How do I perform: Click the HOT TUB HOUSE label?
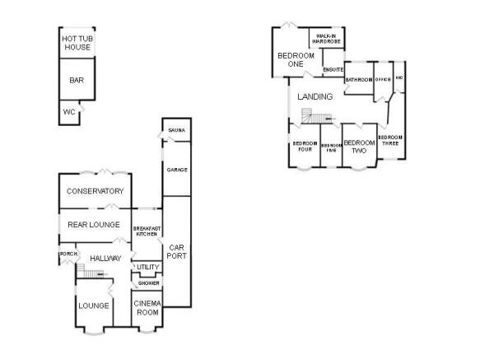(77, 43)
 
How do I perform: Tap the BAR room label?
(77, 81)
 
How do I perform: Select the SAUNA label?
(175, 131)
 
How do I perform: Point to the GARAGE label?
(175, 170)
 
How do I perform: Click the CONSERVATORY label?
(95, 191)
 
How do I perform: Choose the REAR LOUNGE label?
(95, 224)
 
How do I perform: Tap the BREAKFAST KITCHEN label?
(147, 231)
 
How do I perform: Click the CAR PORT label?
(177, 251)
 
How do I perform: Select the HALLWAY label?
(105, 259)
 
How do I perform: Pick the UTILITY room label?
(148, 267)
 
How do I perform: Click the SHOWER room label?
(148, 283)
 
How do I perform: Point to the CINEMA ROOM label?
(147, 309)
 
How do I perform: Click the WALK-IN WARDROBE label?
(326, 38)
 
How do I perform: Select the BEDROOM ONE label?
(291, 59)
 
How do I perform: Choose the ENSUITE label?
(333, 70)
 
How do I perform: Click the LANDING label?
(315, 96)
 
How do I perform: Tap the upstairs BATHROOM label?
(359, 80)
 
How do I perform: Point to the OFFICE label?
(383, 79)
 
